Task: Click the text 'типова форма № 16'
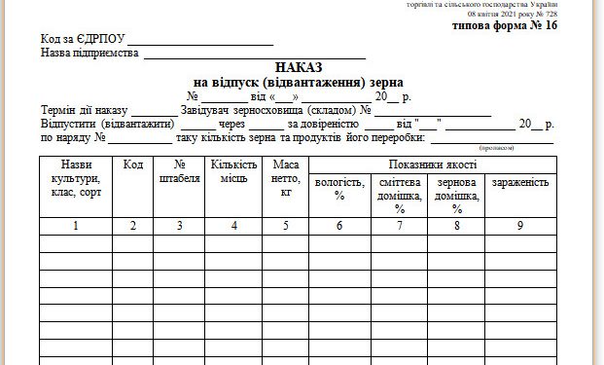[x=506, y=26]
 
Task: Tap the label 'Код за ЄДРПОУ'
[x=83, y=39]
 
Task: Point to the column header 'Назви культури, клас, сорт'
[x=77, y=178]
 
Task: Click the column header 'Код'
[x=133, y=164]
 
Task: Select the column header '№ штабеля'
[x=179, y=171]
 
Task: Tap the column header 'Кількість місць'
[x=234, y=171]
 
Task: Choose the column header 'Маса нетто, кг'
[x=286, y=178]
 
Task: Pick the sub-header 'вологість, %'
[x=339, y=189]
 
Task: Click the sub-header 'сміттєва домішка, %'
[x=399, y=195]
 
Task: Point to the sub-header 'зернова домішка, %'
[x=456, y=195]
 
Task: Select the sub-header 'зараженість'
[x=520, y=182]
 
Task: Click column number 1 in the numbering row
[x=77, y=226]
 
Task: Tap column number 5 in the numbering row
[x=286, y=226]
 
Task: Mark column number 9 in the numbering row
[x=520, y=226]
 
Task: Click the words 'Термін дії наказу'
[x=85, y=110]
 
